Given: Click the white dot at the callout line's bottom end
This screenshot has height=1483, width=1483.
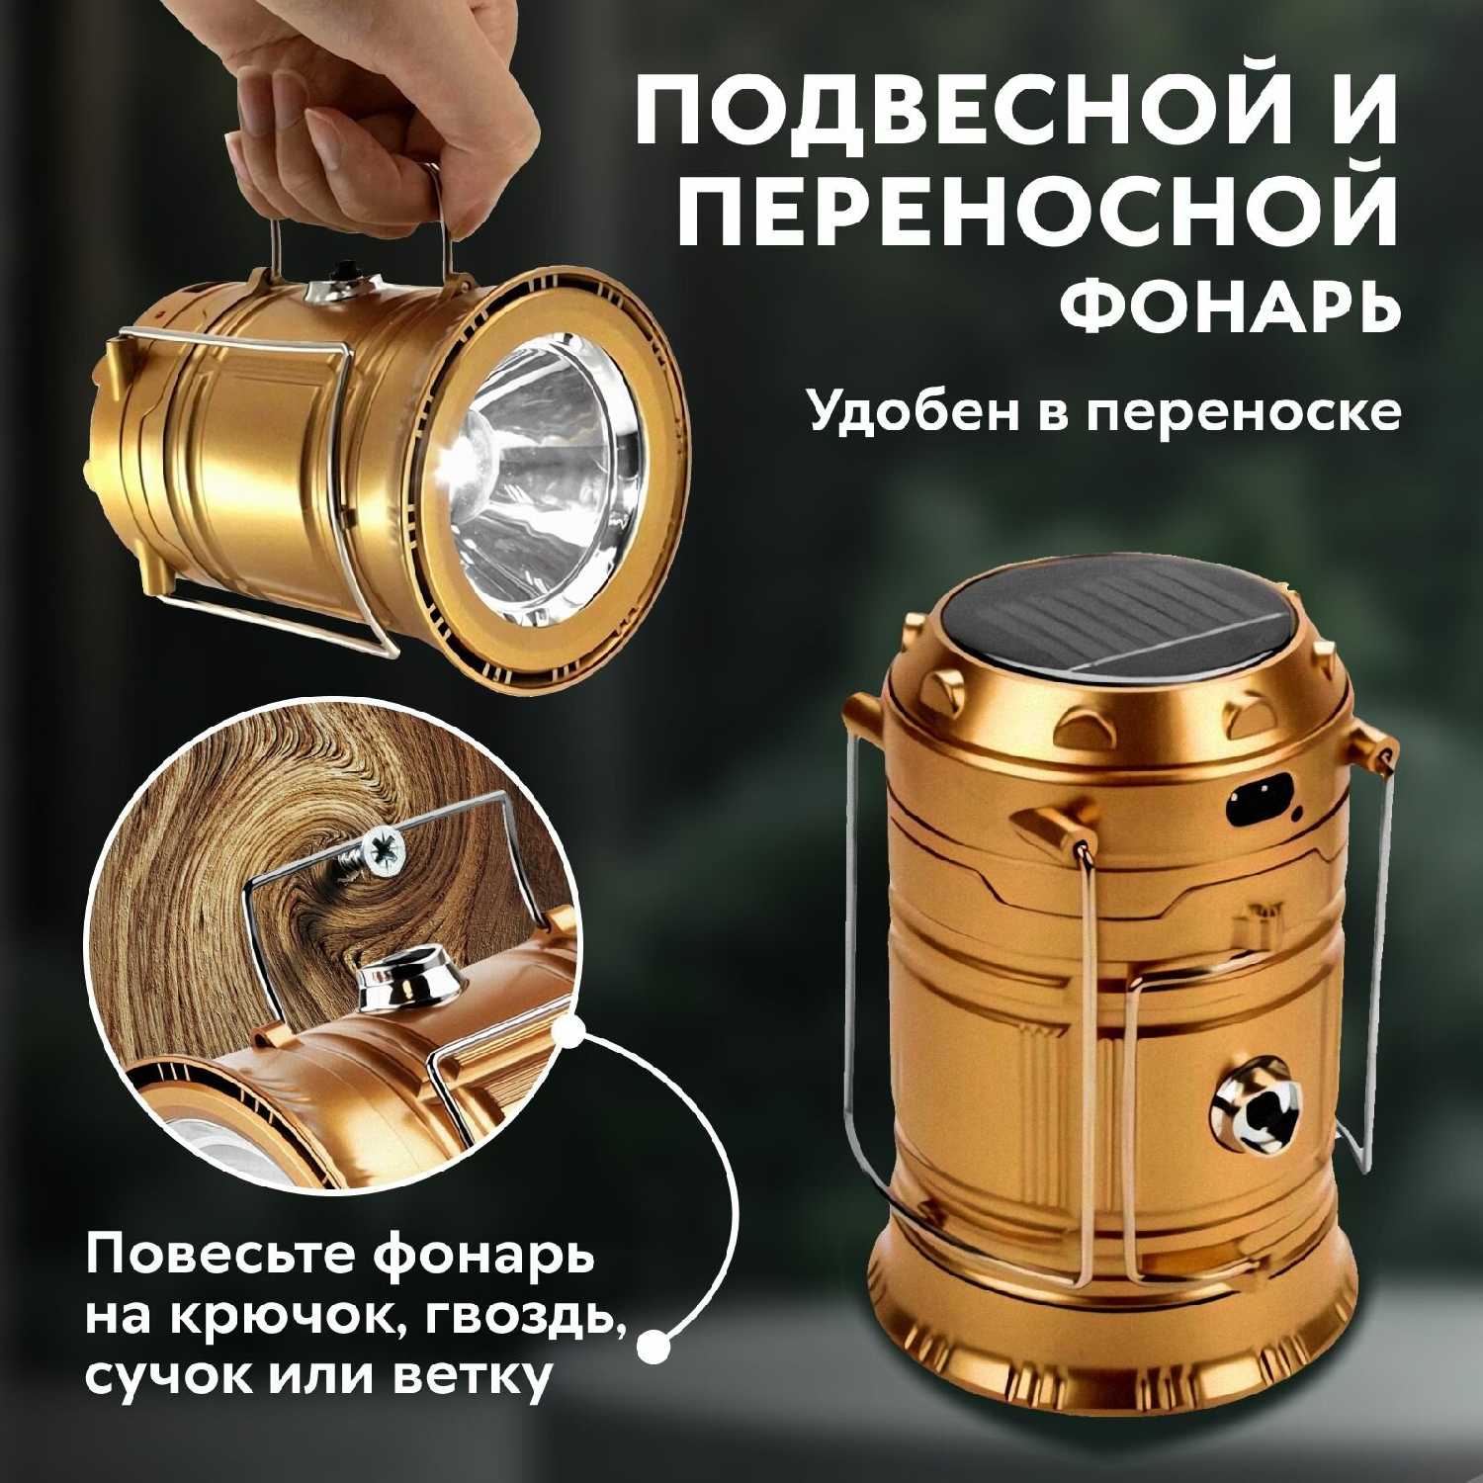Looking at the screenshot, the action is (653, 1344).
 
